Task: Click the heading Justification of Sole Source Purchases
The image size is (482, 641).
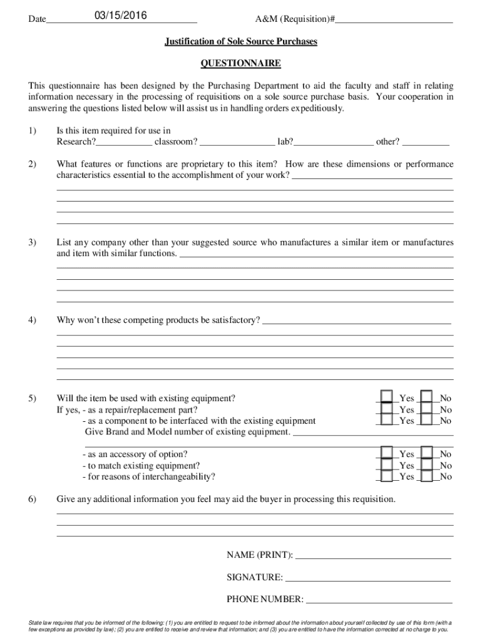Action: pos(241,42)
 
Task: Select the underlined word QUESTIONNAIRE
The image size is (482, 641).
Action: pos(240,64)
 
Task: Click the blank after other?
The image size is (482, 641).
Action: pos(426,142)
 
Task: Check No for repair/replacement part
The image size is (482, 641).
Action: pos(427,409)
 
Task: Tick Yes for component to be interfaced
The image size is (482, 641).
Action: pos(387,421)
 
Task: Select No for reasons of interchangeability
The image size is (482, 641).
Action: pos(427,476)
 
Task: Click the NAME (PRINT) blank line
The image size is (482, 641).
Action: pos(373,555)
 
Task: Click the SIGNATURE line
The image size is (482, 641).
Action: pos(368,578)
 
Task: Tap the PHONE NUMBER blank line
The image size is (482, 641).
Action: pos(379,600)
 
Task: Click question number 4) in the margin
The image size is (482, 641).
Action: pos(32,320)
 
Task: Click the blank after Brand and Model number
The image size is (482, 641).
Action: pos(373,433)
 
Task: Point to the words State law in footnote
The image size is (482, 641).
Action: pos(41,623)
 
